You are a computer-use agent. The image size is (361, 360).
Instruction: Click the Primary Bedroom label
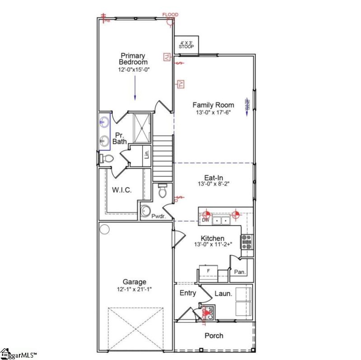point(134,59)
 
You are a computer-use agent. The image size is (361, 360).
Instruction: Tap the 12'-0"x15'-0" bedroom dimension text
point(134,70)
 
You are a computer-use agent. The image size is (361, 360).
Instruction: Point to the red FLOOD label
point(170,15)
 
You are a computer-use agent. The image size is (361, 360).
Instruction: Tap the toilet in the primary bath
point(106,159)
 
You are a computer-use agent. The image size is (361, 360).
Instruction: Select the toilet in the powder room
point(163,191)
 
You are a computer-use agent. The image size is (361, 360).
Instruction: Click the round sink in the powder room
point(146,211)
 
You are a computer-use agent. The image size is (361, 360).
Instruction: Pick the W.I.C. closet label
point(122,190)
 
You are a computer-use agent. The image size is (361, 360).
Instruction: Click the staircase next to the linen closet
point(163,158)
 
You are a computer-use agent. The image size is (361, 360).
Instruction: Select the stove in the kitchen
point(247,242)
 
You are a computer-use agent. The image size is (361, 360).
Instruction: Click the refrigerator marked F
point(208,272)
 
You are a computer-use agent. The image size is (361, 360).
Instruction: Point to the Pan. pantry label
point(240,272)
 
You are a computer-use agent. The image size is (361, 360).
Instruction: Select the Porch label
point(214,336)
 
